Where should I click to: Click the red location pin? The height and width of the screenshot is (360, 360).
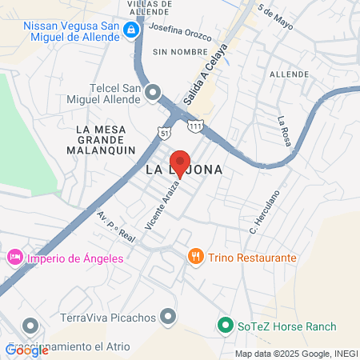point(181,162)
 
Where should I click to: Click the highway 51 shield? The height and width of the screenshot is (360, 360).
point(164,132)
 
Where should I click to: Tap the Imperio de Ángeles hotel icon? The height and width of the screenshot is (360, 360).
point(13,258)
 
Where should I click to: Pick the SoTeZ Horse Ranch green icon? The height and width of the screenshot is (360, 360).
point(226,326)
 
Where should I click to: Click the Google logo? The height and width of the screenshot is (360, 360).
point(26,350)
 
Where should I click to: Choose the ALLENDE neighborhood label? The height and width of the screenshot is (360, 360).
point(289,74)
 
